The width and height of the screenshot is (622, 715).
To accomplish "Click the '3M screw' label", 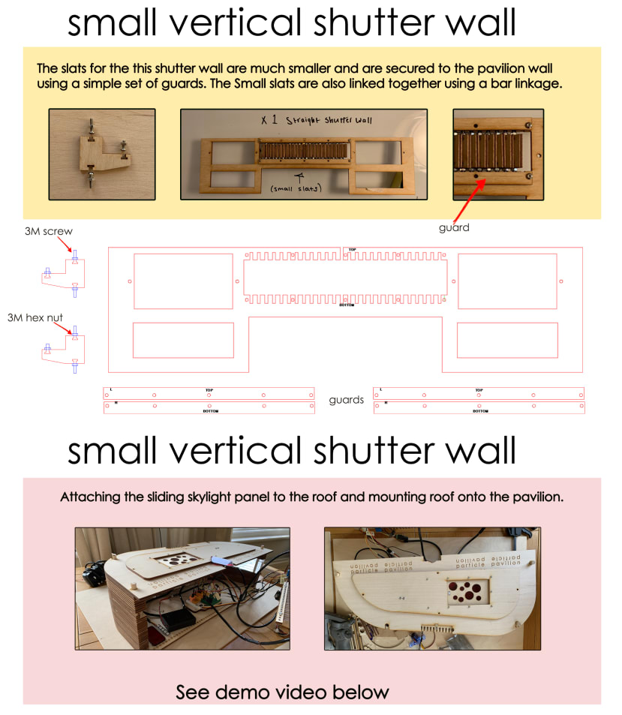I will point(49,231).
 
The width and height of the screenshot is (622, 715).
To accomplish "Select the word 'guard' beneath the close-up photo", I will point(454,227).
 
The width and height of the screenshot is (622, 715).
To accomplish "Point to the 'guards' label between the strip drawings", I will point(346,400).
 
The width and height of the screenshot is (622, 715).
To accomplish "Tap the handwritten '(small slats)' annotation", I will point(299,188).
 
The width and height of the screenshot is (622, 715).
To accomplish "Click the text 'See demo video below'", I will point(283,691).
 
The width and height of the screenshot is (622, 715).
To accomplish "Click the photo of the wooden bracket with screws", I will point(102,155).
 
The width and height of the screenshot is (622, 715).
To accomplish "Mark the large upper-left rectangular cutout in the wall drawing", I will point(183,281).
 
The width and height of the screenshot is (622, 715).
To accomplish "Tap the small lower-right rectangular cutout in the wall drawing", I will point(507,340).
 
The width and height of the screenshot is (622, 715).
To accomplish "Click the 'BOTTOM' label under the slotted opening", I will point(347,305).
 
